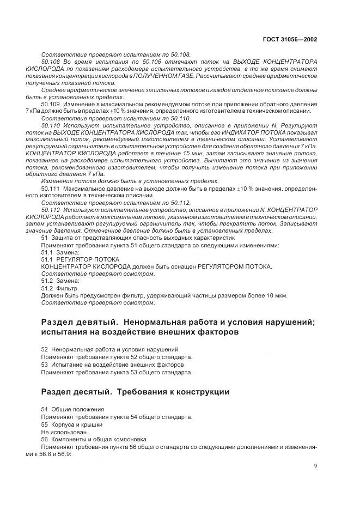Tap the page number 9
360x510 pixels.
pyautogui.click(x=316, y=465)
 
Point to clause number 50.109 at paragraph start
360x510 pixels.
pyautogui.click(x=51, y=104)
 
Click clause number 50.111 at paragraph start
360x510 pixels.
pyautogui.click(x=51, y=189)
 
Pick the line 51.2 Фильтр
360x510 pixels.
pyautogui.click(x=60, y=288)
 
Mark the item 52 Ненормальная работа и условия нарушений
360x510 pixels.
pyautogui.click(x=109, y=349)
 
